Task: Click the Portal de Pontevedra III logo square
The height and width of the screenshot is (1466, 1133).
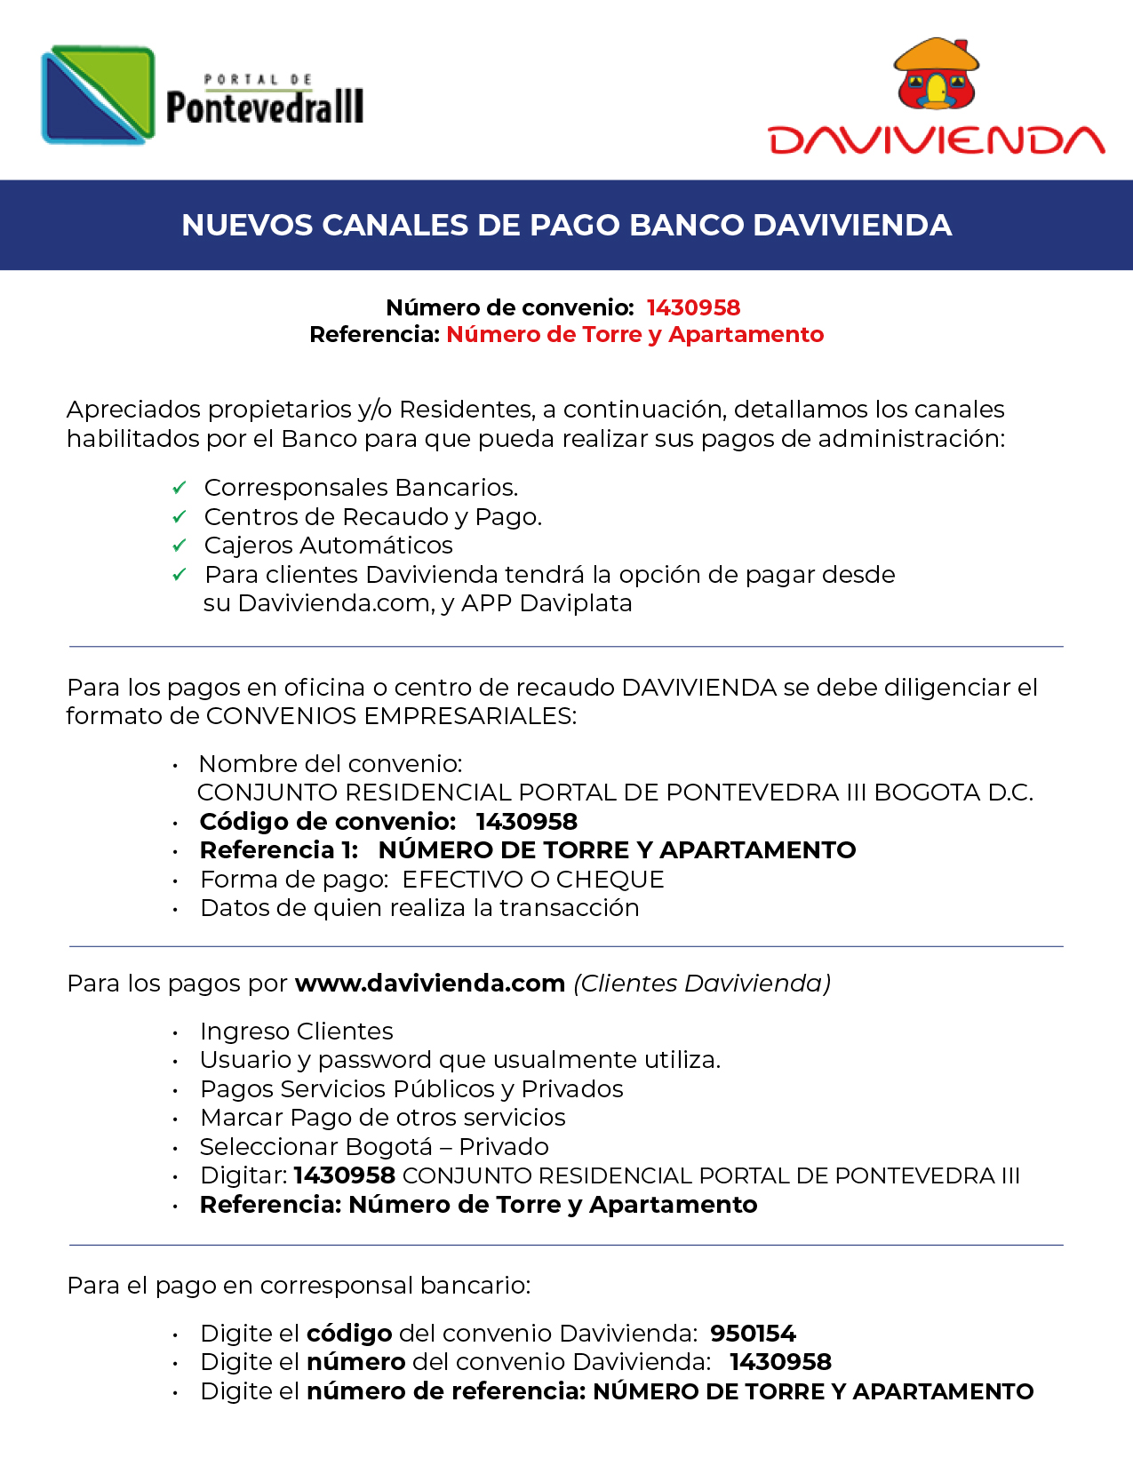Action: click(98, 95)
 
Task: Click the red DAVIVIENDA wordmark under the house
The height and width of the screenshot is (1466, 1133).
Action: click(936, 140)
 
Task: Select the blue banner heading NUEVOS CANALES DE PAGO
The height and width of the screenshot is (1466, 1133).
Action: click(566, 225)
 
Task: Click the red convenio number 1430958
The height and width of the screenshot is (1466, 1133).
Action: click(693, 307)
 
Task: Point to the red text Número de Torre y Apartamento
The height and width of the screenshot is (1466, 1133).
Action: click(634, 334)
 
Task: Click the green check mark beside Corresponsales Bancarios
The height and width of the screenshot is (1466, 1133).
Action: click(180, 488)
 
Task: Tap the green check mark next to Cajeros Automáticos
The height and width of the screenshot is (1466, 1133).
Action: click(180, 545)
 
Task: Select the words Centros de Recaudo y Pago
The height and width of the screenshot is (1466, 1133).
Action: click(372, 516)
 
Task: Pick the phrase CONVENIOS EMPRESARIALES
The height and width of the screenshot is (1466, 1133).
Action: click(391, 716)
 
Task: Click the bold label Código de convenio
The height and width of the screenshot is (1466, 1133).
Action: click(327, 822)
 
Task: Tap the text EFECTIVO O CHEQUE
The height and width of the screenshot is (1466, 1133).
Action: click(533, 880)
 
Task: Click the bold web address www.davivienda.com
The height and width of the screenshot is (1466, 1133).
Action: click(430, 984)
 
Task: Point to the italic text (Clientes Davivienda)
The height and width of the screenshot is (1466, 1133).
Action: click(702, 984)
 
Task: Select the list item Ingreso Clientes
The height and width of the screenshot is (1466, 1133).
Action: click(296, 1032)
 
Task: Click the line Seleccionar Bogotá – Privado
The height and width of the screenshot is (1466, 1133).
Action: click(374, 1147)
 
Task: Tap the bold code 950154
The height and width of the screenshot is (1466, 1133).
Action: click(753, 1334)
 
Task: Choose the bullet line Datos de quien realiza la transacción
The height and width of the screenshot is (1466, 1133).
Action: click(419, 908)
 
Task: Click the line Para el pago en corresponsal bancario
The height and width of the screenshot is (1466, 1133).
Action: click(299, 1286)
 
